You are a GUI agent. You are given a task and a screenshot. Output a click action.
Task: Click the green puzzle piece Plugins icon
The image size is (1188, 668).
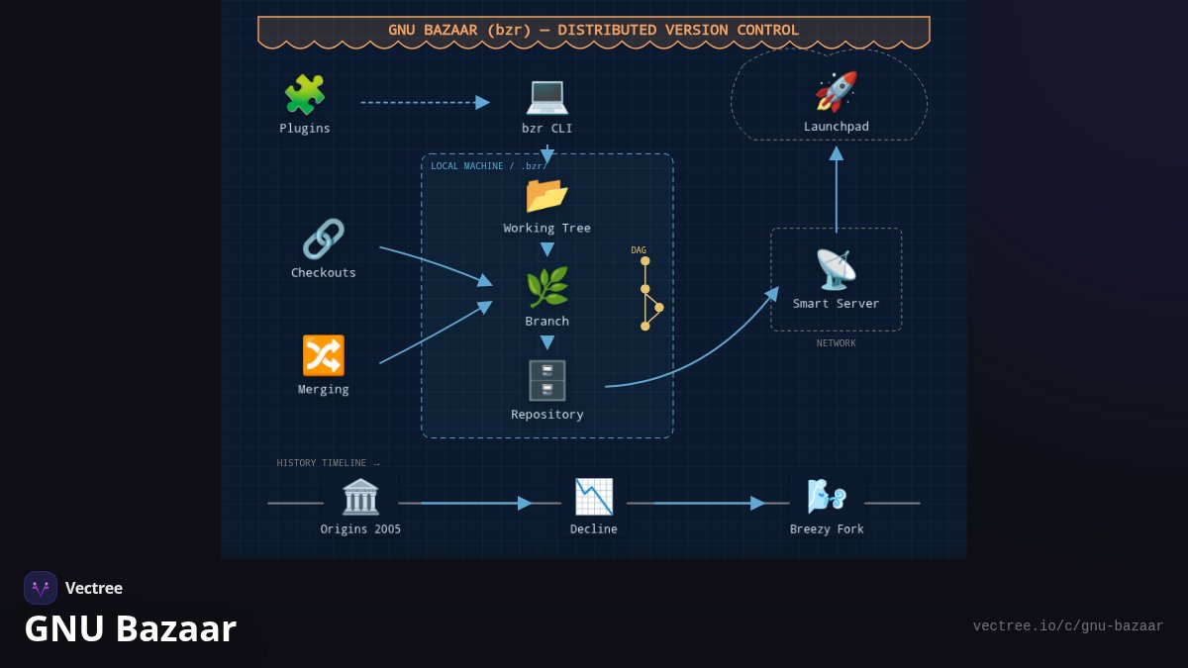click(x=305, y=94)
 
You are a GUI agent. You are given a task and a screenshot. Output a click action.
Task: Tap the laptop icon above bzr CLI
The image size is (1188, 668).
click(x=546, y=97)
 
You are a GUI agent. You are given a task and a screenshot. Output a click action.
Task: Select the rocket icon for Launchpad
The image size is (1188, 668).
click(x=836, y=92)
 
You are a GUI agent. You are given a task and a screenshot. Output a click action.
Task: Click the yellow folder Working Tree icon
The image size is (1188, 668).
click(x=546, y=196)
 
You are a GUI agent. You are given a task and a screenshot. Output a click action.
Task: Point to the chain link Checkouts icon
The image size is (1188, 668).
click(x=324, y=239)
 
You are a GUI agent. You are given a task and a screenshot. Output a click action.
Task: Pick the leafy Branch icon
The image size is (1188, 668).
click(x=546, y=287)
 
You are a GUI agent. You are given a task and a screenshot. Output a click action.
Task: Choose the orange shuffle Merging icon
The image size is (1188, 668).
click(x=324, y=355)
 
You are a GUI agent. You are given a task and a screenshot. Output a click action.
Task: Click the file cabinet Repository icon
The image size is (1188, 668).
click(x=546, y=381)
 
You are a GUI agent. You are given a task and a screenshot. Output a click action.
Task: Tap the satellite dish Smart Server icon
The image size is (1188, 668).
click(x=836, y=270)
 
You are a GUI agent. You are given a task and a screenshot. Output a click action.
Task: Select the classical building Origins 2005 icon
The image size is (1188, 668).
click(x=360, y=497)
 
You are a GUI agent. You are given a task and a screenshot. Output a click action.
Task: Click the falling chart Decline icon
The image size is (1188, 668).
click(x=594, y=497)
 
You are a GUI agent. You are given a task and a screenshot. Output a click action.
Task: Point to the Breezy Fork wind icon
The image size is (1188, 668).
click(x=827, y=497)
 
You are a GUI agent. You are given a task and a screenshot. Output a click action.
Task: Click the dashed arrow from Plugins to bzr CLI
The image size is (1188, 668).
click(x=426, y=102)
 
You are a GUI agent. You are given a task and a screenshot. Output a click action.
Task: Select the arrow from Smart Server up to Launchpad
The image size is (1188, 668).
click(x=837, y=190)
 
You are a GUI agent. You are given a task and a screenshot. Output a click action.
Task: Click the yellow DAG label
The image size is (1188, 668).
click(x=639, y=250)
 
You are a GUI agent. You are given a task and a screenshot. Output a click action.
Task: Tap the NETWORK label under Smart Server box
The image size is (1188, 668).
click(x=836, y=343)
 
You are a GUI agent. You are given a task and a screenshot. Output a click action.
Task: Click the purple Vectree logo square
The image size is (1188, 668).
click(x=41, y=588)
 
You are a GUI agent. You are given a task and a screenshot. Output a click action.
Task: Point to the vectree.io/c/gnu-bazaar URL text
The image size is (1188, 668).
click(x=1068, y=626)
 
